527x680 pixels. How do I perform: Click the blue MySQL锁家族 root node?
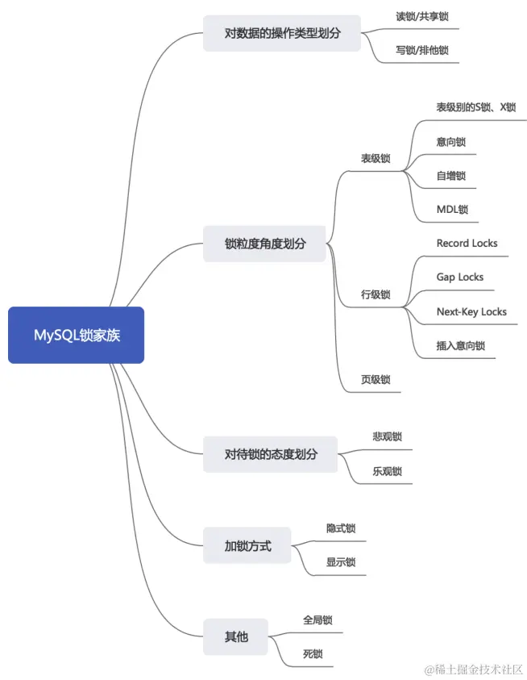coord(77,335)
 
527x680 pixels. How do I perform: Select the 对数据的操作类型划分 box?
coord(282,33)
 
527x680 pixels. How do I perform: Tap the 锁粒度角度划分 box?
coord(265,243)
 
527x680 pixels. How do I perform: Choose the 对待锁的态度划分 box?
coord(271,454)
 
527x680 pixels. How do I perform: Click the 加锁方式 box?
coord(247,546)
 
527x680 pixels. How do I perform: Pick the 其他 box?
coord(236,637)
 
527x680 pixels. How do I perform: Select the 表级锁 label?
coord(376,159)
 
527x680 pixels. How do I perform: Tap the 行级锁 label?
coord(376,294)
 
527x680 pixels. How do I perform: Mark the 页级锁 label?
coord(376,379)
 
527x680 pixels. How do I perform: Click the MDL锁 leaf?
coord(452,209)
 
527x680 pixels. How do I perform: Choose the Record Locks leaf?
coord(467,243)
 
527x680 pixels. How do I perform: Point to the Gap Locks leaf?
coord(460,277)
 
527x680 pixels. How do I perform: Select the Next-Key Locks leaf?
coord(471,311)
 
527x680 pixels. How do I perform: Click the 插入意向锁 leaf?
coord(461,345)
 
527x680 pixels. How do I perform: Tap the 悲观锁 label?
coord(387,436)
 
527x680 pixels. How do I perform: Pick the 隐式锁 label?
coord(341,528)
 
